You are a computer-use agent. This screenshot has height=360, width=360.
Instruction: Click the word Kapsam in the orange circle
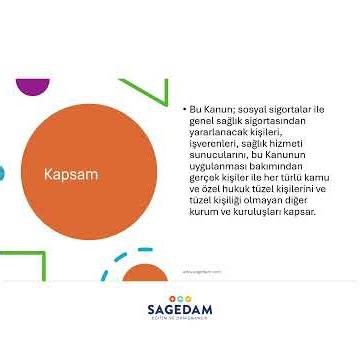pos(71,174)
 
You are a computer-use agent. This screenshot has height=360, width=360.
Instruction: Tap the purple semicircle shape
pos(32,86)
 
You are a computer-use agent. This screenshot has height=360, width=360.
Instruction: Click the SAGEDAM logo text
pos(179,310)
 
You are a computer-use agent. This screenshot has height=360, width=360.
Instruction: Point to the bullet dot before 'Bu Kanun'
pos(183,107)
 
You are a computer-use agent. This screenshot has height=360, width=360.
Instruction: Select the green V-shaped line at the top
pos(147,91)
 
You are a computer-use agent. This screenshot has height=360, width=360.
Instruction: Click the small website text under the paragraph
pos(203,270)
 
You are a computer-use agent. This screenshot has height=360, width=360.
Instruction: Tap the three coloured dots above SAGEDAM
pos(179,297)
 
